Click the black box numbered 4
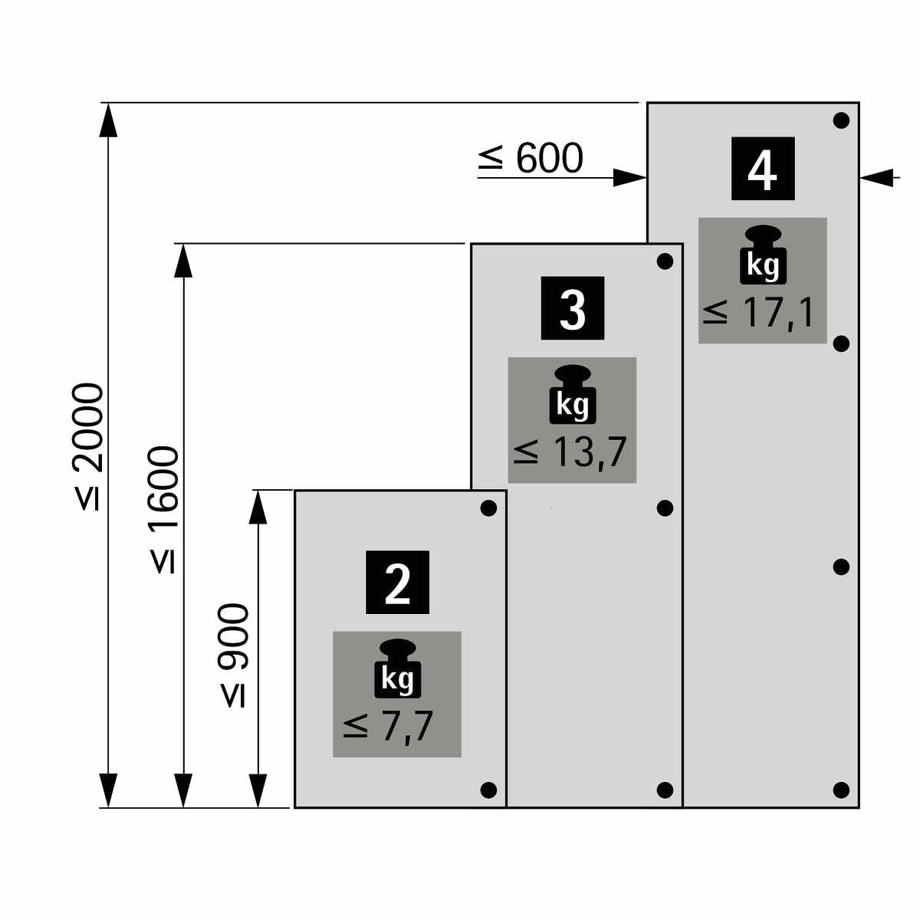point(762,169)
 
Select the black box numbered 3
point(573,308)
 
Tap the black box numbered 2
point(397,582)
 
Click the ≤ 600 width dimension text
point(531,158)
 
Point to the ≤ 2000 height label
point(88,446)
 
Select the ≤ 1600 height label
point(164,510)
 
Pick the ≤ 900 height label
point(234,655)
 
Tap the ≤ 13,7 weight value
point(570,452)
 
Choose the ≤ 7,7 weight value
point(388,727)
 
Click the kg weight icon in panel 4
point(763,255)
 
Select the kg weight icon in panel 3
point(573,394)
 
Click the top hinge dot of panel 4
point(841,121)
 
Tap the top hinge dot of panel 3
point(665,261)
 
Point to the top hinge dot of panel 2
point(488,508)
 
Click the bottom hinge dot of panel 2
point(488,790)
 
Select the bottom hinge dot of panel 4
point(841,790)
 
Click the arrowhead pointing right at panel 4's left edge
point(629,178)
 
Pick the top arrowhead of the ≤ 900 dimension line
point(258,507)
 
